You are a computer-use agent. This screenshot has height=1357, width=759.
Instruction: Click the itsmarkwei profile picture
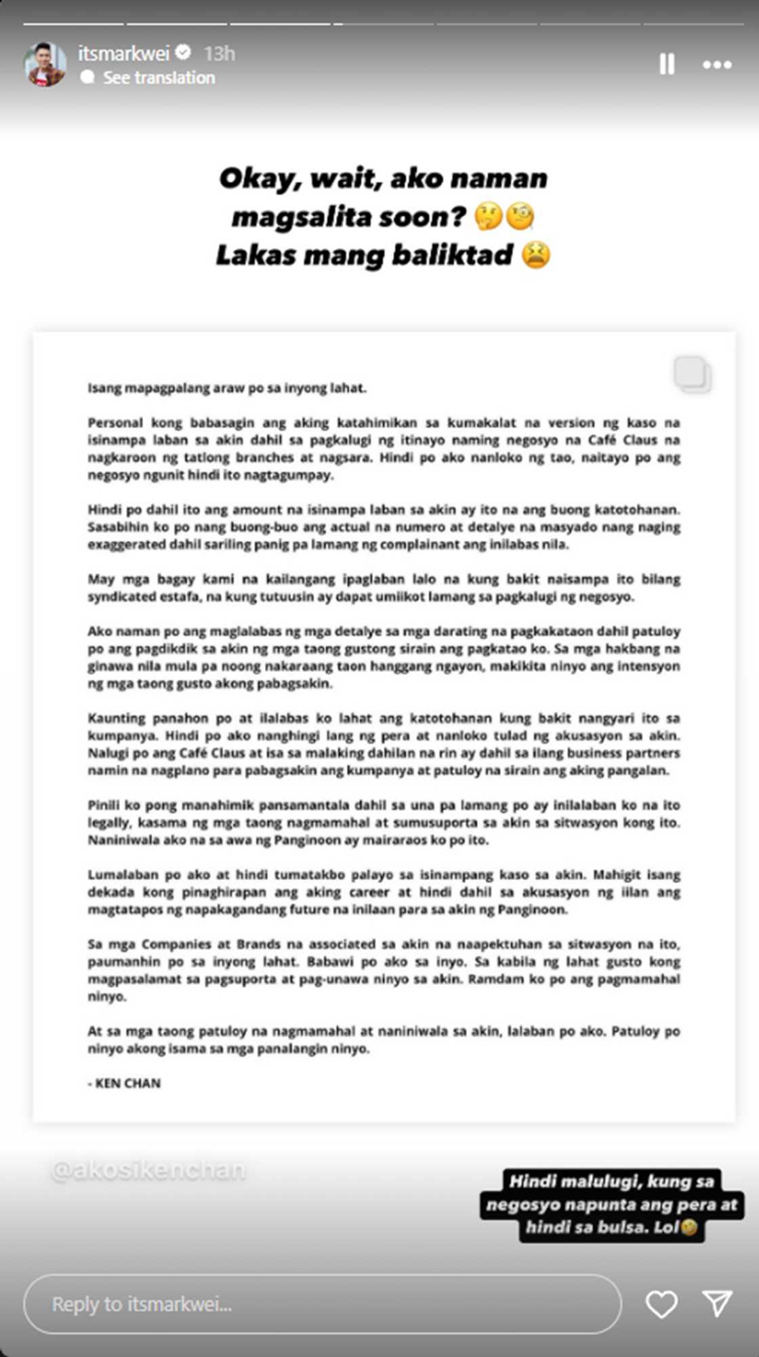[x=45, y=64]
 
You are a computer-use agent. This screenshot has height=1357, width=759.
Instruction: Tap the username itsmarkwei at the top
[x=123, y=54]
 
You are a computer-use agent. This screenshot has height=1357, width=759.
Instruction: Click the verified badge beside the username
[x=183, y=52]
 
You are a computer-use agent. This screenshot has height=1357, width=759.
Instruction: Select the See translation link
[x=158, y=78]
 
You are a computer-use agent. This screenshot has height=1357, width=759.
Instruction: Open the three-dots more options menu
[x=716, y=65]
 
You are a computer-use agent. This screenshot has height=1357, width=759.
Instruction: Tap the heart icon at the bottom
[x=661, y=1304]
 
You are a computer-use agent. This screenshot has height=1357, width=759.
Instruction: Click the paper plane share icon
[x=716, y=1303]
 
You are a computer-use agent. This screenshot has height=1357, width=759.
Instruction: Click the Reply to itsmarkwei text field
[x=322, y=1304]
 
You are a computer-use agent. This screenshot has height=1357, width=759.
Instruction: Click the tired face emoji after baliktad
[x=535, y=255]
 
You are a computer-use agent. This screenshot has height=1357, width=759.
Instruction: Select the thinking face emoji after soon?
[x=488, y=217]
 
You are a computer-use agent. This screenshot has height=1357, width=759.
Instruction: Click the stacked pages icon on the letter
[x=692, y=374]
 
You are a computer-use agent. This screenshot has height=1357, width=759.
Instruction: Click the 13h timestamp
[x=220, y=54]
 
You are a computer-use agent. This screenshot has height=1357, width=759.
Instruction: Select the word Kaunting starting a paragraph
[x=116, y=718]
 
